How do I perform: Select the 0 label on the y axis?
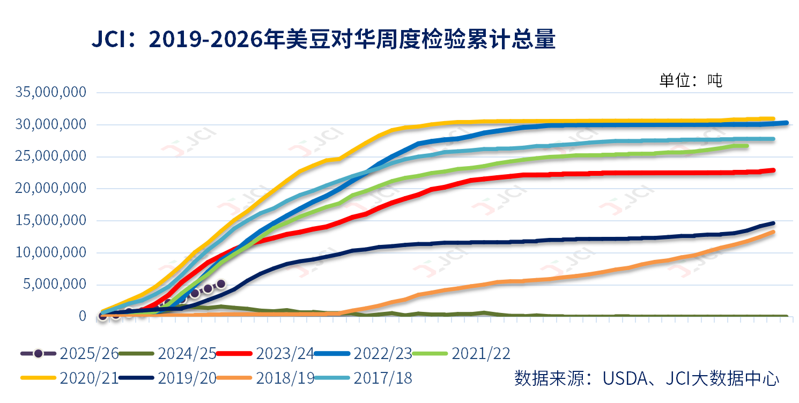pos(83,316)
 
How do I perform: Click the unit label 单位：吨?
pos(691,80)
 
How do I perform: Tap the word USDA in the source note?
pos(622,378)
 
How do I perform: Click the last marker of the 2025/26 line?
pos(220,283)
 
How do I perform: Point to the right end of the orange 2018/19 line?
pos(773,232)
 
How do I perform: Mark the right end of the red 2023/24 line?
pos(773,170)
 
